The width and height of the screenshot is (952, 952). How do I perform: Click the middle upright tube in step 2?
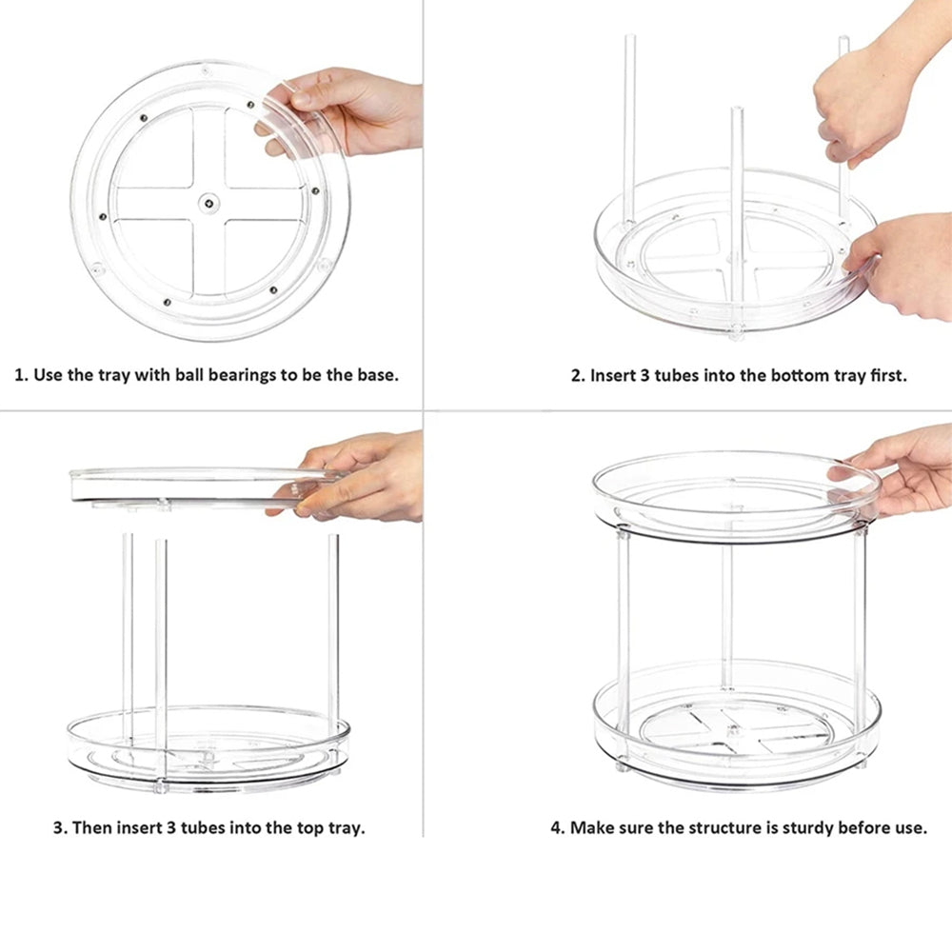(736, 190)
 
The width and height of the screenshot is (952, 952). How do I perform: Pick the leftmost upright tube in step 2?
(628, 124)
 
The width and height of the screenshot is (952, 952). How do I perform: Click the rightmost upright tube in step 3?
(334, 628)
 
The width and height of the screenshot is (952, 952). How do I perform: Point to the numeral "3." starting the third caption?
(60, 827)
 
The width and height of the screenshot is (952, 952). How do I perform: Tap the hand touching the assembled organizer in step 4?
(904, 466)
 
